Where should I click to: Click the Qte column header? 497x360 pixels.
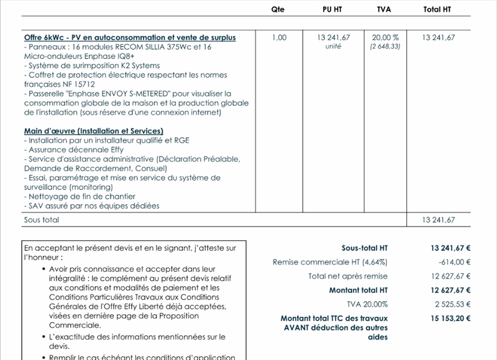click(x=279, y=9)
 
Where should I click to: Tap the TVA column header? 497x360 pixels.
click(x=385, y=9)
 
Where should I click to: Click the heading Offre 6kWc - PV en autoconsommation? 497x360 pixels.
click(x=130, y=38)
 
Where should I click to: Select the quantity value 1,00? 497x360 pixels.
click(x=279, y=38)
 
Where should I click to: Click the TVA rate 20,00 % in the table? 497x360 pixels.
click(x=385, y=38)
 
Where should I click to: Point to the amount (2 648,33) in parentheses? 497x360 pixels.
click(x=385, y=47)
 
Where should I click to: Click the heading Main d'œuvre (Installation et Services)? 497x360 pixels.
click(x=94, y=131)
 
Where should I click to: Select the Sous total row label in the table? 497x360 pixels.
click(x=42, y=220)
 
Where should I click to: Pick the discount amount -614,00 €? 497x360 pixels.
click(x=454, y=262)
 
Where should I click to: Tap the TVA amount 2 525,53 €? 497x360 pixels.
click(x=451, y=304)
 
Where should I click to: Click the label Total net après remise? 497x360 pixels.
click(x=348, y=276)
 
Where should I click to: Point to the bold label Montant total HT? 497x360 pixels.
click(x=358, y=290)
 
